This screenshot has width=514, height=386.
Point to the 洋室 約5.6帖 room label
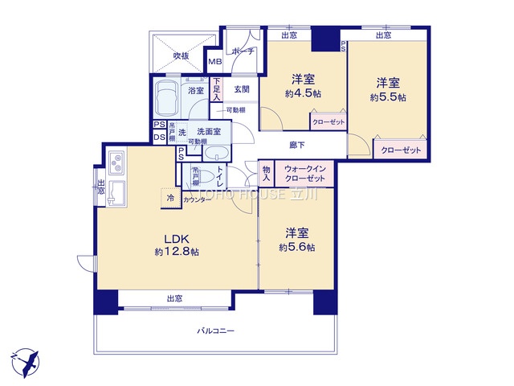click(296, 240)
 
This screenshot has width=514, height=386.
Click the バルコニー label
click(216, 331)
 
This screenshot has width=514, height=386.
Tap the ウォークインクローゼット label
click(304, 173)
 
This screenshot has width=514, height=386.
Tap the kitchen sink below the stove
click(114, 191)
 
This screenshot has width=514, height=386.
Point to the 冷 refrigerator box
click(170, 198)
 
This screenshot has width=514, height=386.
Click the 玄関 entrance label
click(242, 90)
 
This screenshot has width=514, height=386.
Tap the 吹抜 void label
click(182, 55)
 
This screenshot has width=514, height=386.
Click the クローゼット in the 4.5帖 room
click(328, 121)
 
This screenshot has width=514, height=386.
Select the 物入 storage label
click(266, 173)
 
